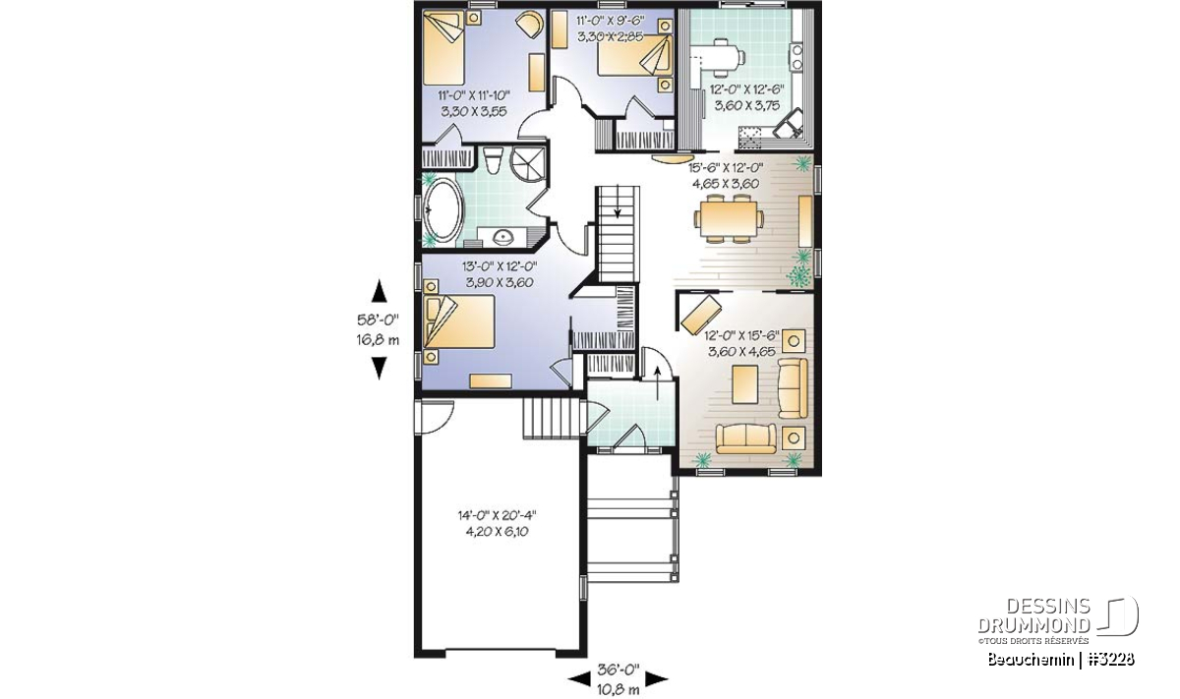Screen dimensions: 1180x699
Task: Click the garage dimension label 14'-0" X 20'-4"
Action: click(x=497, y=515)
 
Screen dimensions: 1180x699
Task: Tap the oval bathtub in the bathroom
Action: click(x=443, y=210)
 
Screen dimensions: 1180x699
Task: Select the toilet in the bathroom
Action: click(x=494, y=160)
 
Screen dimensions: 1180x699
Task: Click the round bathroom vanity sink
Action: click(x=502, y=238)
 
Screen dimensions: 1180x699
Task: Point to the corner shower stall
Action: click(x=528, y=164)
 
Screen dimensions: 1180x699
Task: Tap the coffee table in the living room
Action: click(x=745, y=384)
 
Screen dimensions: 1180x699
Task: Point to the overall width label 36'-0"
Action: click(x=618, y=670)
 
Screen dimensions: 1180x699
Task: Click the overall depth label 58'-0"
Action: click(x=378, y=320)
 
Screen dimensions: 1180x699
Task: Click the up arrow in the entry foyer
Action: click(x=657, y=383)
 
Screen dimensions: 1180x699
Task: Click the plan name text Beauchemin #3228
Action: click(x=1060, y=660)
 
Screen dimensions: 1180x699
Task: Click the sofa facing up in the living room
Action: click(x=746, y=439)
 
